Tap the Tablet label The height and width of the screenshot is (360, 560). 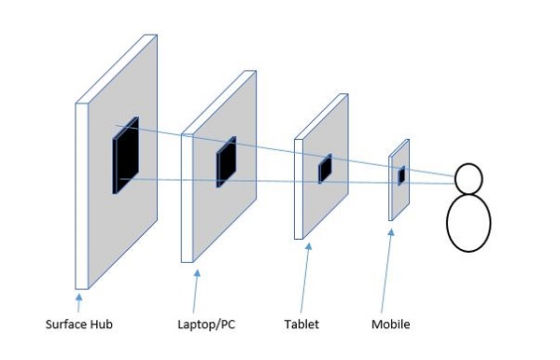tap(301, 325)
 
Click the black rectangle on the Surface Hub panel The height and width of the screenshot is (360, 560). tap(125, 156)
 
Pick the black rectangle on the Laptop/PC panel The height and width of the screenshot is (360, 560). tap(226, 161)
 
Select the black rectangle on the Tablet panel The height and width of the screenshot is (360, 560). tap(325, 169)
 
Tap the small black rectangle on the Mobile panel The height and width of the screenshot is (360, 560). tap(401, 174)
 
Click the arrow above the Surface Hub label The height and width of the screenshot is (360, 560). tap(78, 302)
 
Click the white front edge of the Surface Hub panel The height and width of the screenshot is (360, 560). tap(81, 196)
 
